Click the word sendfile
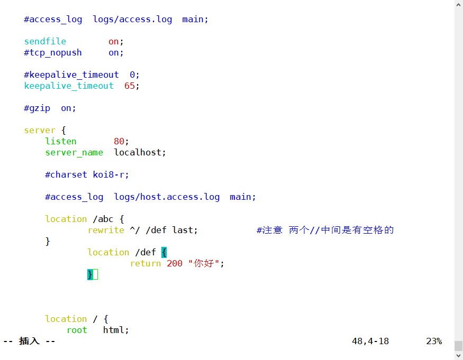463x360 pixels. [45, 41]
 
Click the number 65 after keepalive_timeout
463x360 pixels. [130, 86]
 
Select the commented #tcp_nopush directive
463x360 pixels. [53, 52]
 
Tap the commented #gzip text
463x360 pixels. [37, 108]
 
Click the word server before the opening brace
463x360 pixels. [40, 130]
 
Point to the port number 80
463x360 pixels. [119, 141]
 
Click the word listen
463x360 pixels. [61, 141]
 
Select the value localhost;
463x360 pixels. [140, 152]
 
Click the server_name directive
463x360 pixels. [74, 152]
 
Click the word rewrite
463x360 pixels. [106, 230]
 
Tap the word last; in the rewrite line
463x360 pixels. [185, 230]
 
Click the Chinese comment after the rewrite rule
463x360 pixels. [325, 230]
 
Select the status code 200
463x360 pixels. [175, 263]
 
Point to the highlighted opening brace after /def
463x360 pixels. [164, 252]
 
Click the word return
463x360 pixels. [146, 263]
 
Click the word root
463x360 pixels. [77, 330]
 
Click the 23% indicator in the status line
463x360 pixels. [434, 341]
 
